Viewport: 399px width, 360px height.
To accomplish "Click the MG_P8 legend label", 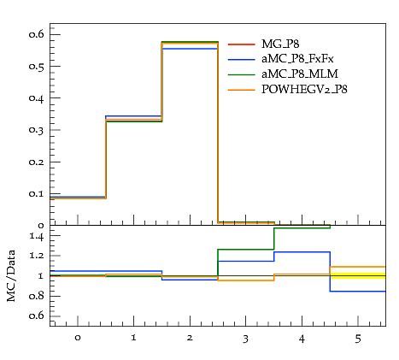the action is click(280, 44).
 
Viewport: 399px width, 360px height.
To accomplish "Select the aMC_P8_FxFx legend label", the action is click(297, 59).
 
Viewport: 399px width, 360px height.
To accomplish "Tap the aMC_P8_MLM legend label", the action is click(300, 74).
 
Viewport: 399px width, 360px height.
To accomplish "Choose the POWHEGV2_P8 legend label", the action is click(304, 90).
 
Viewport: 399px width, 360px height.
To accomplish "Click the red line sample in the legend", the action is click(242, 44).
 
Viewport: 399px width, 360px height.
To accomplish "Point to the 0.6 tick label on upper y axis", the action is click(37, 34).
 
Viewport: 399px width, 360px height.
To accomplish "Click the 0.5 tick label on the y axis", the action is click(37, 66).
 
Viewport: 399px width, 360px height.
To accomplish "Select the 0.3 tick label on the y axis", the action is click(37, 130).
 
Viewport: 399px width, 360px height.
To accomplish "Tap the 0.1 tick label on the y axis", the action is click(37, 193).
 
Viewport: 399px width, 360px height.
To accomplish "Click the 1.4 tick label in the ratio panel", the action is click(37, 236).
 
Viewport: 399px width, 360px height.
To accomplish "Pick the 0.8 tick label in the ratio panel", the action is click(37, 296).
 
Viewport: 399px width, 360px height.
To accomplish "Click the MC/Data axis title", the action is click(11, 276).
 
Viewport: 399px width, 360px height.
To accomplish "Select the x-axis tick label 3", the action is click(245, 339).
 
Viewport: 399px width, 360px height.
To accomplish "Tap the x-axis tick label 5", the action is click(358, 339).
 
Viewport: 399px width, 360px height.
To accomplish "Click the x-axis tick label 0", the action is click(78, 338).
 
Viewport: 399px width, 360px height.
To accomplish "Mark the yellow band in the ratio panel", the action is click(358, 275).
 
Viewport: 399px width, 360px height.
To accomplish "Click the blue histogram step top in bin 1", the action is click(133, 116).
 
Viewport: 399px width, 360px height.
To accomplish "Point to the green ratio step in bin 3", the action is click(245, 250).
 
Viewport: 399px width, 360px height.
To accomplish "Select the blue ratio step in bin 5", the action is click(358, 292).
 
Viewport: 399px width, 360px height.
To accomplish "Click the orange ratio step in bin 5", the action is click(358, 267).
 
